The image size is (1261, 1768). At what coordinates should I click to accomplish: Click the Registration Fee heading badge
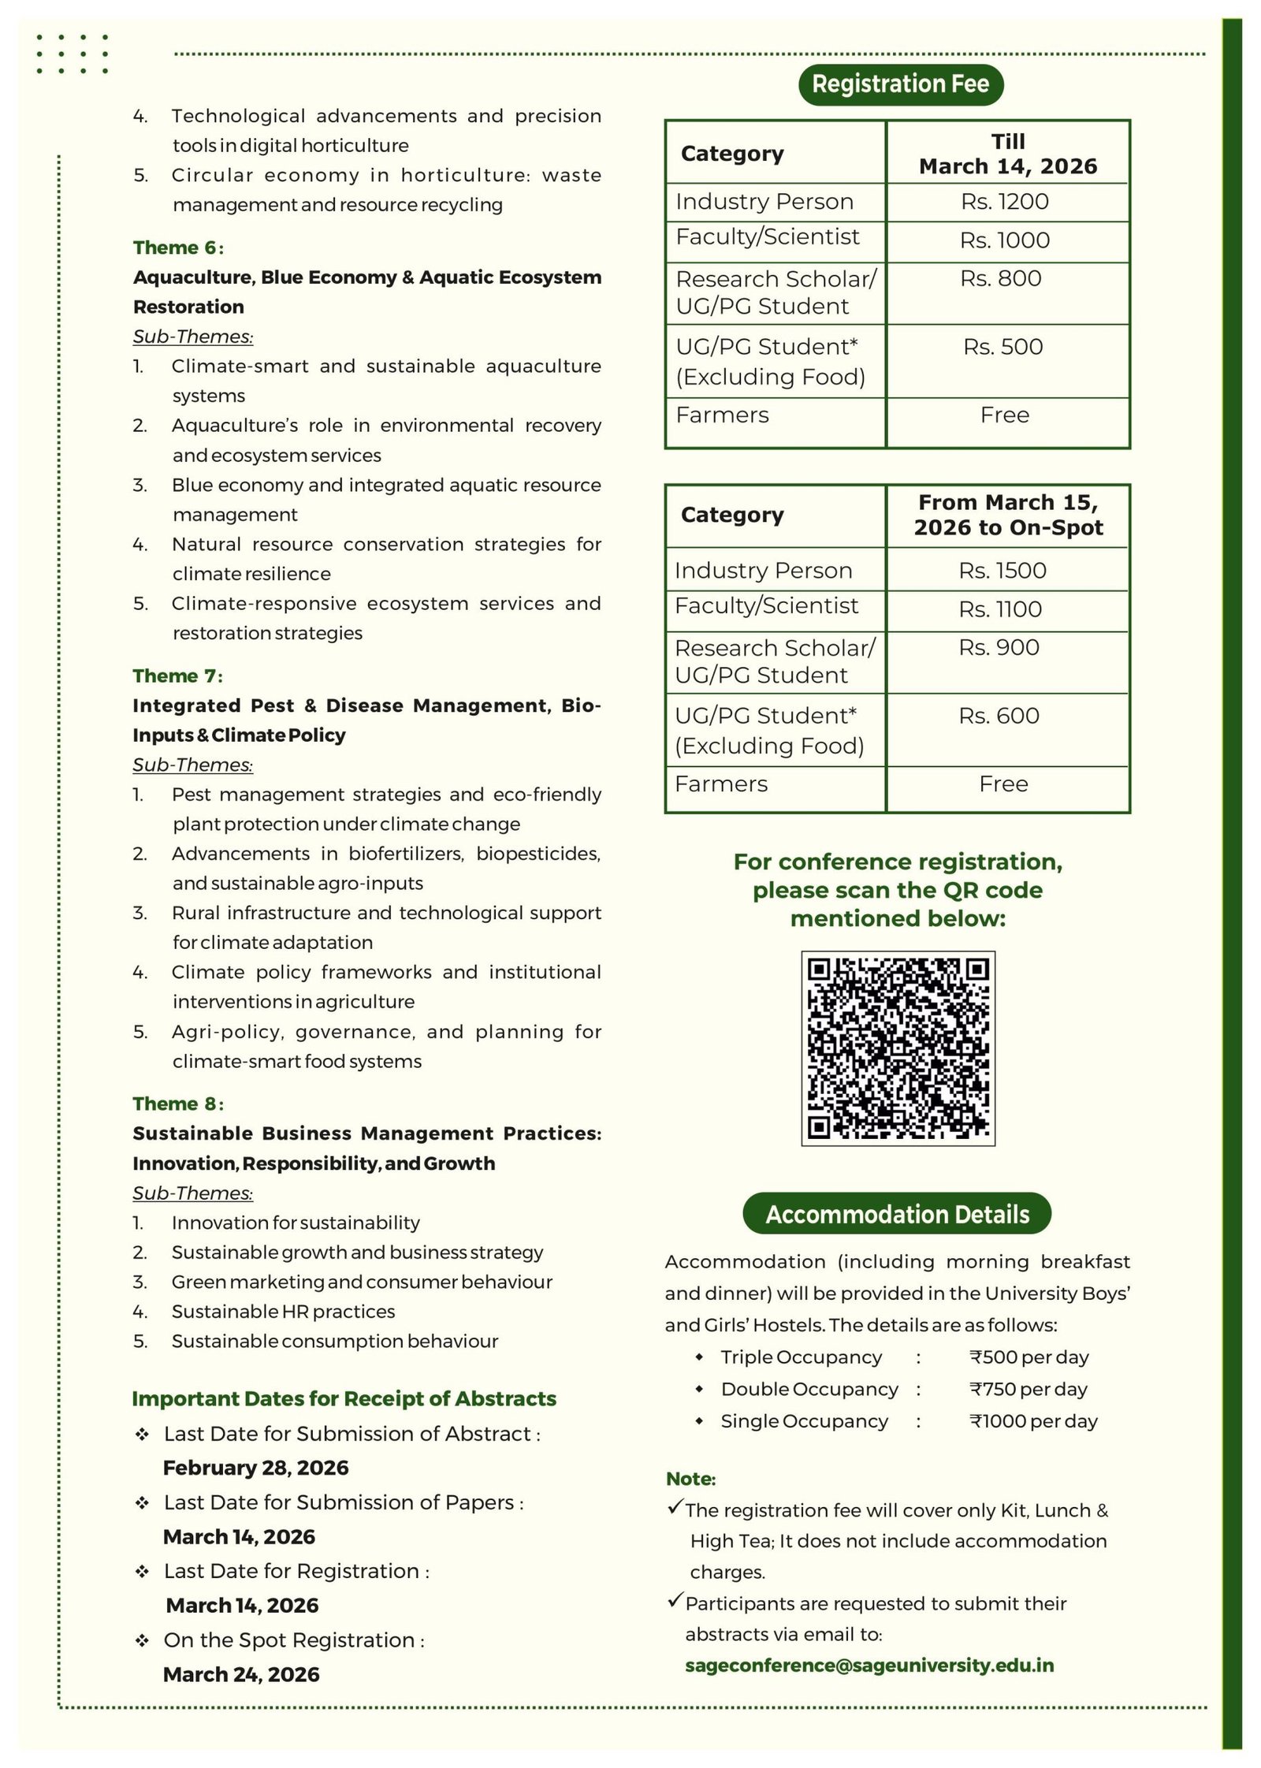pos(900,84)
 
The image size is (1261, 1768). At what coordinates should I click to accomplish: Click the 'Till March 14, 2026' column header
pos(1008,154)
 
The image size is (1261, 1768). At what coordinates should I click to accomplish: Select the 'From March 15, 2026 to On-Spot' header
pos(1008,515)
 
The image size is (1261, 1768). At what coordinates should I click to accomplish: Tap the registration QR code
pos(898,1048)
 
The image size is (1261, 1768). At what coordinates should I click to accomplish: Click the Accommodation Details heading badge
pos(897,1214)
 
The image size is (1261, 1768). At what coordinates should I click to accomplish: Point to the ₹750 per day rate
pos(1028,1389)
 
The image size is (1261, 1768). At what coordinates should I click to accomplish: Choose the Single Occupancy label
pos(804,1420)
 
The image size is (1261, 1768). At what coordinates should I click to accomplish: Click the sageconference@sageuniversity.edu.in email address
pos(869,1665)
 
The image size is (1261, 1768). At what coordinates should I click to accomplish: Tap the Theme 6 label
pos(178,248)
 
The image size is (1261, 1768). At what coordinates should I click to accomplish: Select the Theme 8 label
pos(178,1104)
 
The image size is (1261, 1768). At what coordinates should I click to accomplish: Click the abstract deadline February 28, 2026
pos(255,1468)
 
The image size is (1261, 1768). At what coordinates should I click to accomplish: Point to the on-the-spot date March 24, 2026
pos(241,1674)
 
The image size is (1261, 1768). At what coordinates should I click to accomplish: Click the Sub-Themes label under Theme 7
pos(192,765)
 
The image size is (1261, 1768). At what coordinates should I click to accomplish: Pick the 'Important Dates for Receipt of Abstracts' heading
pos(344,1398)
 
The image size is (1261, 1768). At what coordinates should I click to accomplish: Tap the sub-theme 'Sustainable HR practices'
pos(283,1311)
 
